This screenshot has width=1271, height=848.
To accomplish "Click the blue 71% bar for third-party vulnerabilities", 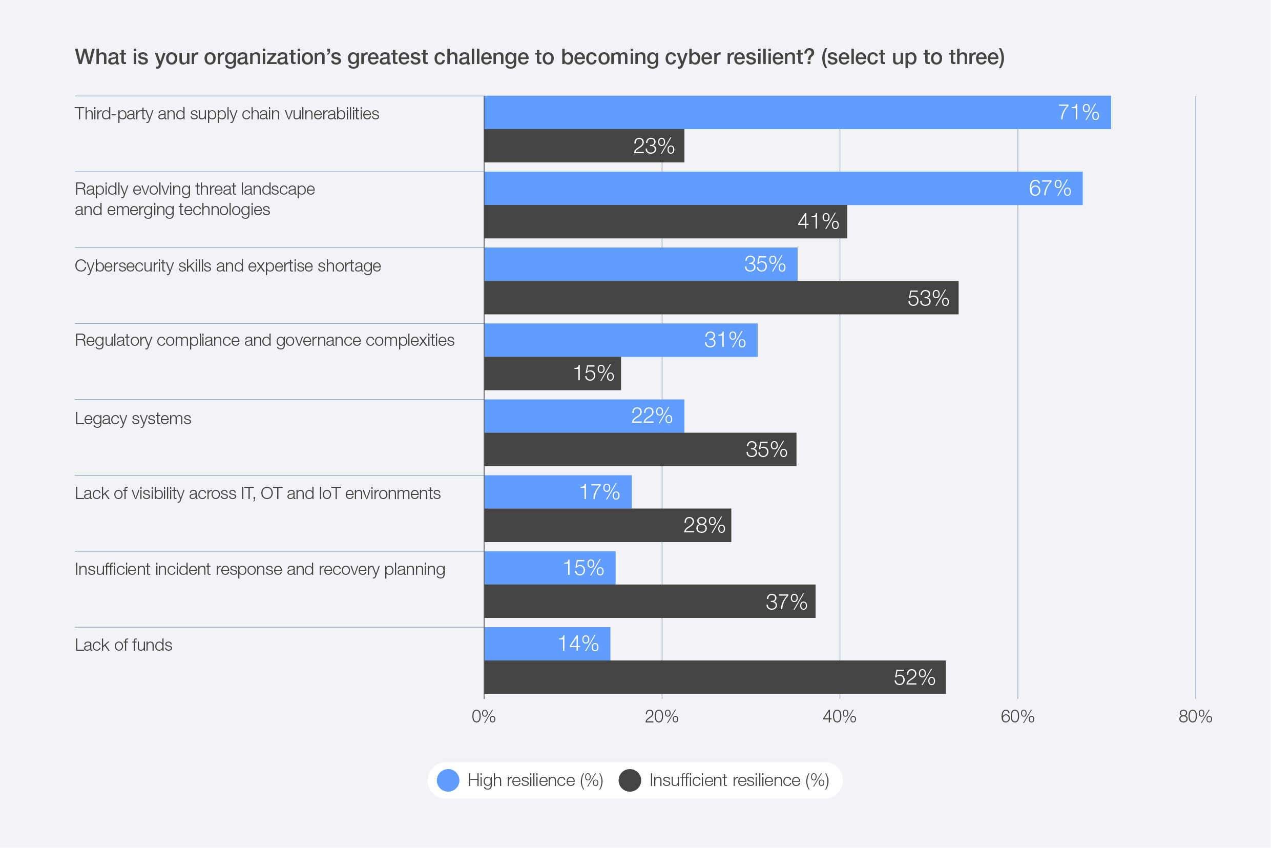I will [798, 113].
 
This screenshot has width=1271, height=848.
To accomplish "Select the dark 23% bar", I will [584, 146].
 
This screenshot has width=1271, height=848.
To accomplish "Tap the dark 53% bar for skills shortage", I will [721, 298].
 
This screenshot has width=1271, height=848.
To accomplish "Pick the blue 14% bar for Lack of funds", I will [547, 644].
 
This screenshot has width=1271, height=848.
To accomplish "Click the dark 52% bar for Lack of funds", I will [715, 677].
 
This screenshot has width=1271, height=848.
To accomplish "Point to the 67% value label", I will [1049, 188].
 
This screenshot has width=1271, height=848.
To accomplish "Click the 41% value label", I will [818, 221].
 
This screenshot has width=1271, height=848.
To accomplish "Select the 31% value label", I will [724, 340].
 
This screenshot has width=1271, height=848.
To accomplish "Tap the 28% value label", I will [704, 525].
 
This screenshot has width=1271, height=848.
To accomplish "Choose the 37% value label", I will [786, 602].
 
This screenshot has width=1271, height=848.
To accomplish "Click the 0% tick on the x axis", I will [483, 717].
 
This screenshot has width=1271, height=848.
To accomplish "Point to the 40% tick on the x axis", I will [839, 717].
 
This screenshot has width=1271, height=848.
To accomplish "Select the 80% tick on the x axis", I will [1195, 717].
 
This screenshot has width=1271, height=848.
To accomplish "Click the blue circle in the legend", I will [448, 780].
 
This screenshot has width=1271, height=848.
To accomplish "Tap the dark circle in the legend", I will [630, 780].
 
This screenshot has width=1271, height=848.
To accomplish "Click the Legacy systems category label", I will [133, 419].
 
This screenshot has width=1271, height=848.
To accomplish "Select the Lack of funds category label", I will [123, 645].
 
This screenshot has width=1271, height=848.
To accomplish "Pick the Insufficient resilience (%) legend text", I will [739, 780].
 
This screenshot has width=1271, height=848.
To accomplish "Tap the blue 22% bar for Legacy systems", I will [584, 416].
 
